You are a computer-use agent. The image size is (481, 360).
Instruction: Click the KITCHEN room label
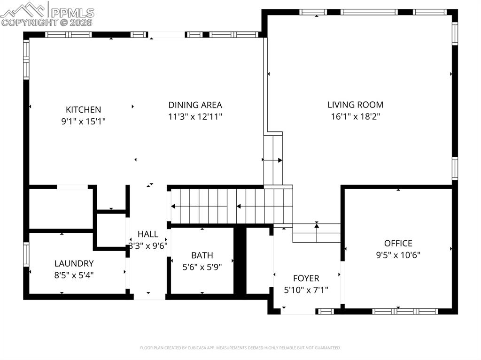coord(83,110)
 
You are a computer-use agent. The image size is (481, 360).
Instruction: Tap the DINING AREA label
coord(195,105)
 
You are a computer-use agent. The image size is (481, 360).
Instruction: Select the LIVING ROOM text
coord(355,105)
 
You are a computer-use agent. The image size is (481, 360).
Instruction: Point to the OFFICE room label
coord(398,243)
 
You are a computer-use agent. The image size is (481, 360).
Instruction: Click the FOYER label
coord(306,278)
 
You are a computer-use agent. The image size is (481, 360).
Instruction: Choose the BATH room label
coord(202,255)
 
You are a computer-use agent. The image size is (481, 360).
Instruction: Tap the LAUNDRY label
coord(74,264)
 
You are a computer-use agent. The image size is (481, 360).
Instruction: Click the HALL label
coord(148,234)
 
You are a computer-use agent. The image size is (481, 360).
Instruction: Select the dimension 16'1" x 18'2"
coord(355,117)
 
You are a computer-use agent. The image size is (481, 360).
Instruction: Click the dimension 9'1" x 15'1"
coord(83,122)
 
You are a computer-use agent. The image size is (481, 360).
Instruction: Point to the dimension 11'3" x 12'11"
coord(195,117)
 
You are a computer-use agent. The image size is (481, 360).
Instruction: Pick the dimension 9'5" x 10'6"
coord(398,255)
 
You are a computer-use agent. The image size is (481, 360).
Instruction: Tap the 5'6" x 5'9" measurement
coord(202,267)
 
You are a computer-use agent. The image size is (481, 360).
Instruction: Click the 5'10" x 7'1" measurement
coord(306,290)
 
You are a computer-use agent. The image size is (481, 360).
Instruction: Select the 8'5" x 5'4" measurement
coord(74,276)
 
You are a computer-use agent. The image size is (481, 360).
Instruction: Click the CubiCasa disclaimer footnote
coord(240,348)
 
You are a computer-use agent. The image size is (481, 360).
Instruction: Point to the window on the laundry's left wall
coord(26,254)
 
